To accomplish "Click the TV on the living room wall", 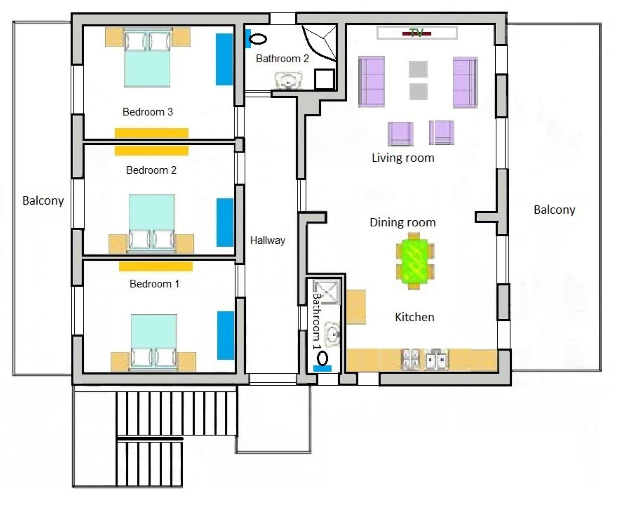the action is pyautogui.click(x=417, y=33).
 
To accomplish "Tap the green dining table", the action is pyautogui.click(x=415, y=261).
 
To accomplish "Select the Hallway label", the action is pyautogui.click(x=268, y=240).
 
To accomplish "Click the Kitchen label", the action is pyautogui.click(x=415, y=317).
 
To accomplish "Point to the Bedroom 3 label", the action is pyautogui.click(x=148, y=112).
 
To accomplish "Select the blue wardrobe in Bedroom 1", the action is pyautogui.click(x=226, y=335).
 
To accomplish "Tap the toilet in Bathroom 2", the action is pyautogui.click(x=258, y=39).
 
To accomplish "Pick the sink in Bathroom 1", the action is pyautogui.click(x=332, y=335).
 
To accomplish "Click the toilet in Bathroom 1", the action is pyautogui.click(x=322, y=358).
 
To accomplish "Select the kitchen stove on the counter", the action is pyautogui.click(x=411, y=359).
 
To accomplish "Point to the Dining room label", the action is pyautogui.click(x=403, y=223).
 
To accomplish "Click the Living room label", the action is pyautogui.click(x=403, y=158).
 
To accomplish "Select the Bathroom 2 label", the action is pyautogui.click(x=282, y=59).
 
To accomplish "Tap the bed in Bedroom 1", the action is pyautogui.click(x=154, y=342).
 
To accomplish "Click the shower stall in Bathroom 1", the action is pyautogui.click(x=326, y=292).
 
